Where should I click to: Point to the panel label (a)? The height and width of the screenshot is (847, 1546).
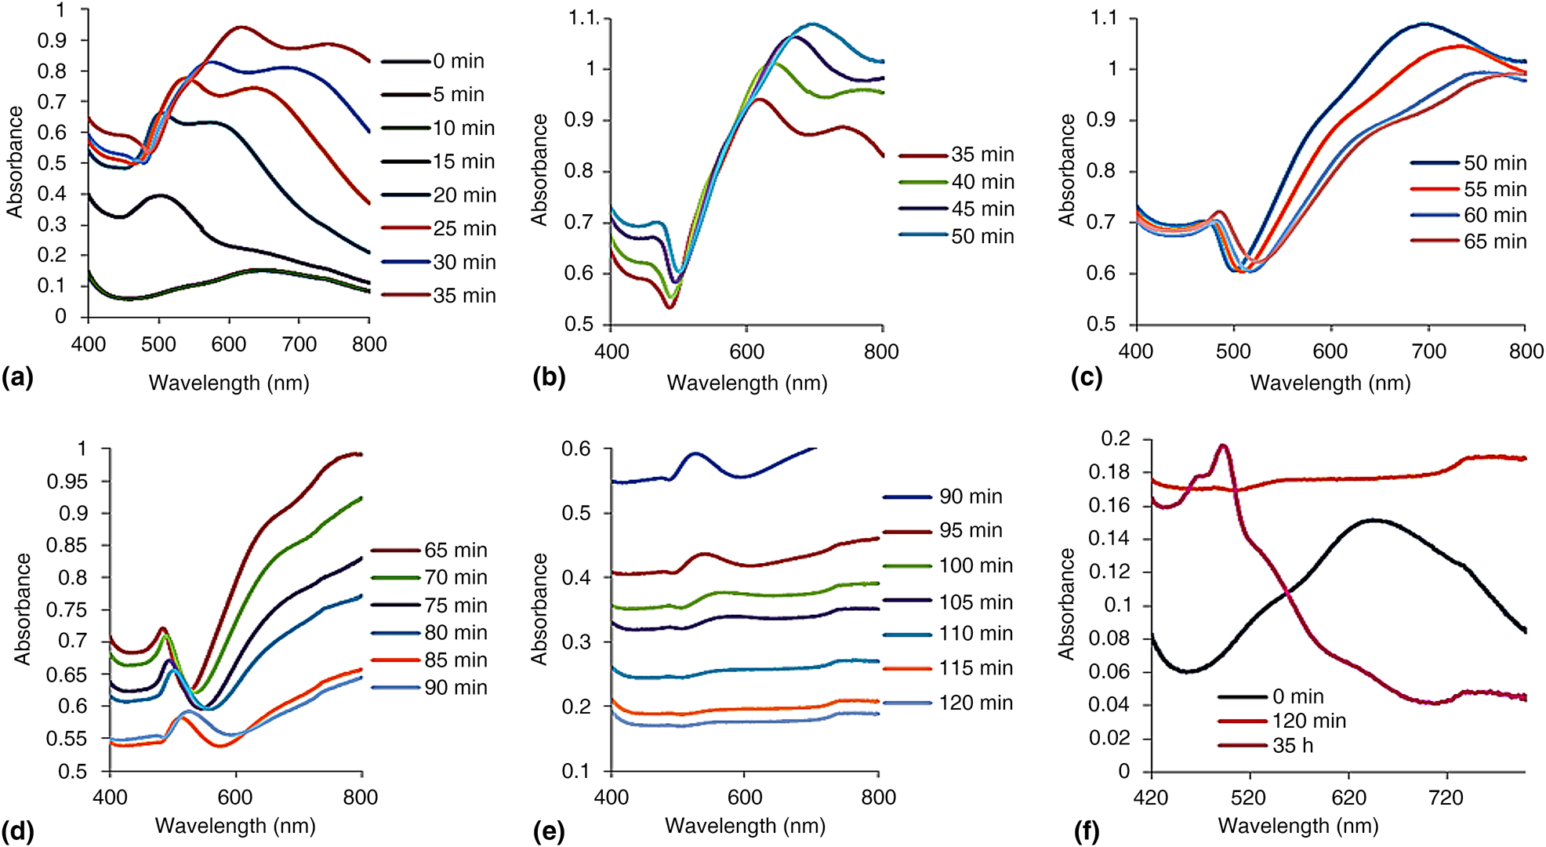(17, 378)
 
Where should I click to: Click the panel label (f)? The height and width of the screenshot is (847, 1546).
(1087, 831)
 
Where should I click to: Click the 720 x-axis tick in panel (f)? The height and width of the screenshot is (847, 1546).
(1446, 798)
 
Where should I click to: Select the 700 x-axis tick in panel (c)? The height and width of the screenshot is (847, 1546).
(1428, 351)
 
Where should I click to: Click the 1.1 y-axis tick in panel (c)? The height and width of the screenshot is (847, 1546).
(1104, 18)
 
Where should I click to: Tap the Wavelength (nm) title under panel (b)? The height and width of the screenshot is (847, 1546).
(747, 383)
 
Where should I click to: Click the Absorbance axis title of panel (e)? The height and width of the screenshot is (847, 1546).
(539, 609)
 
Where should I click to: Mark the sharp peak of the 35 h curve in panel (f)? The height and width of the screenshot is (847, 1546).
(1222, 445)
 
